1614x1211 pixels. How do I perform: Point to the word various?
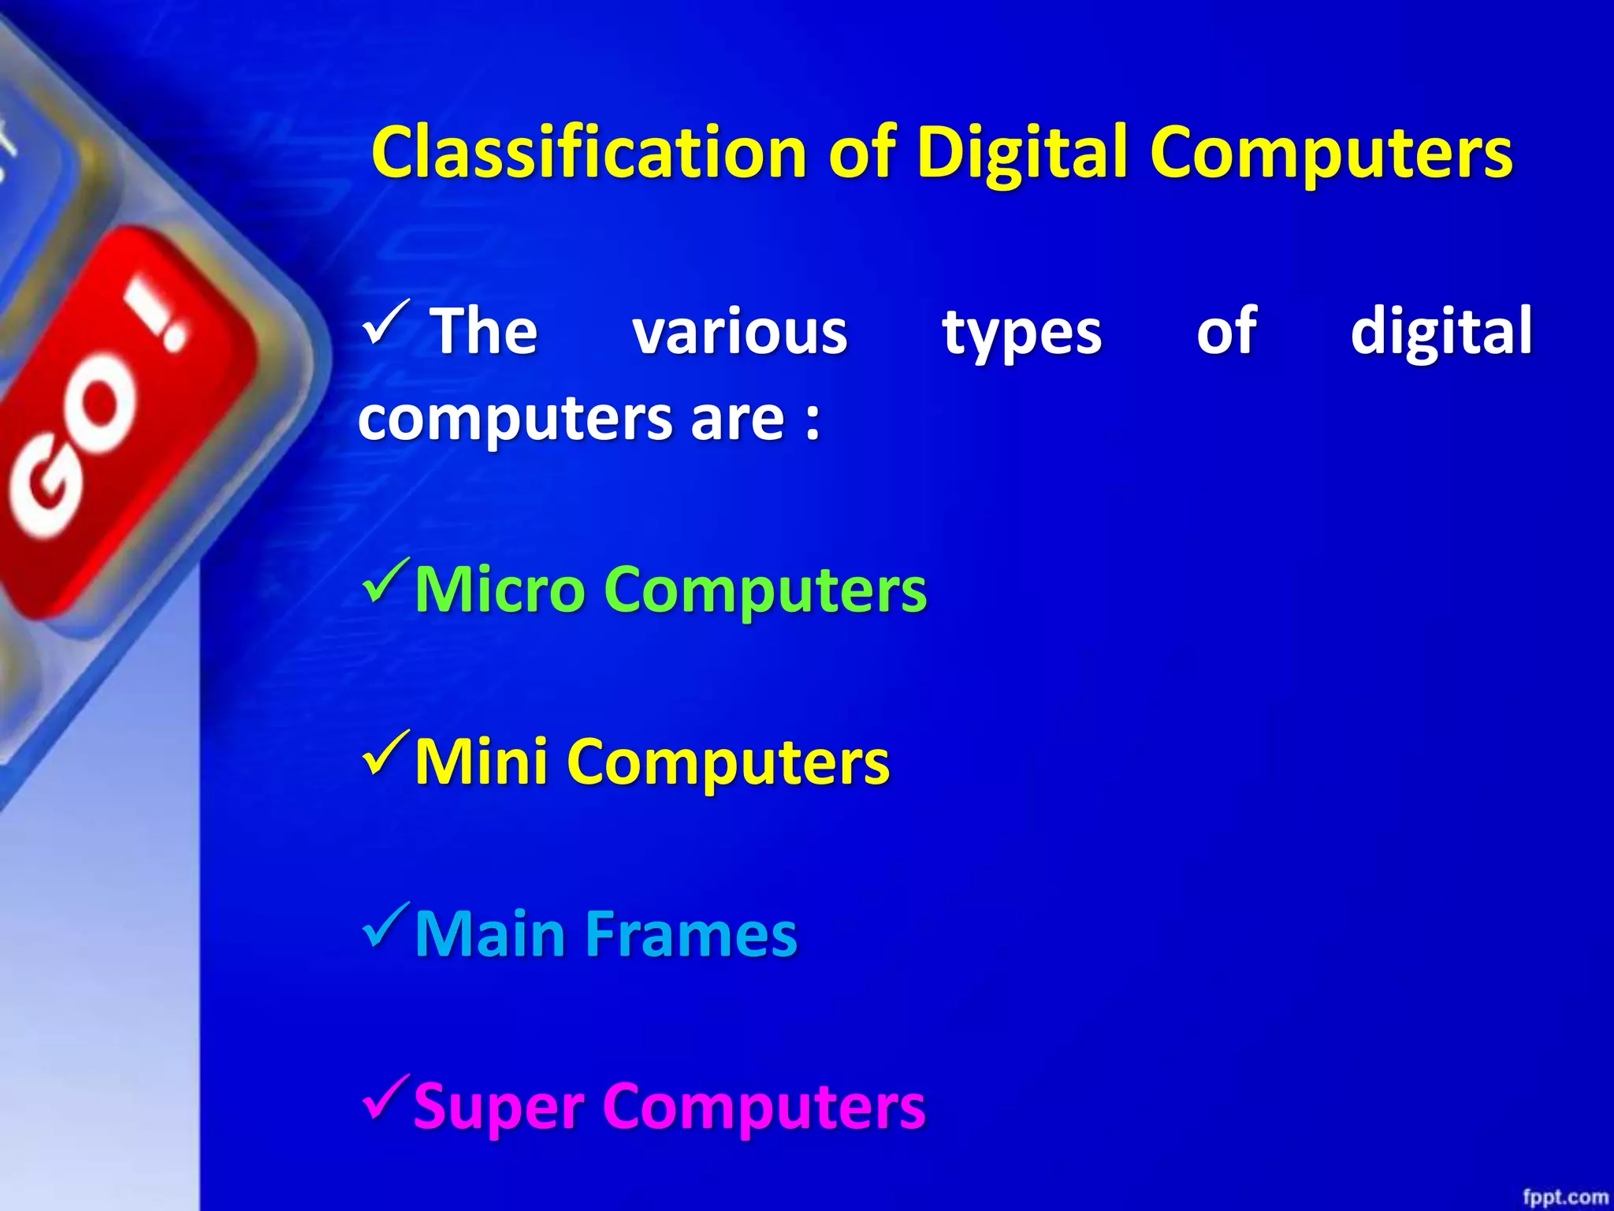point(740,331)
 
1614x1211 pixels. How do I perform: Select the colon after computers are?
point(813,420)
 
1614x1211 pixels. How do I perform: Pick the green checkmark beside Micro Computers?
point(386,581)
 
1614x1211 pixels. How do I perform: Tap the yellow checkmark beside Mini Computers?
point(386,754)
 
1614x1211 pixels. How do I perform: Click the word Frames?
point(690,933)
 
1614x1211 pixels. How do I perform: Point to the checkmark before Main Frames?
point(386,926)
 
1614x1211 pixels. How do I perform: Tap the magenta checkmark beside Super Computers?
point(386,1097)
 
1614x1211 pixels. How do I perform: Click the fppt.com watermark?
point(1565,1196)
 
